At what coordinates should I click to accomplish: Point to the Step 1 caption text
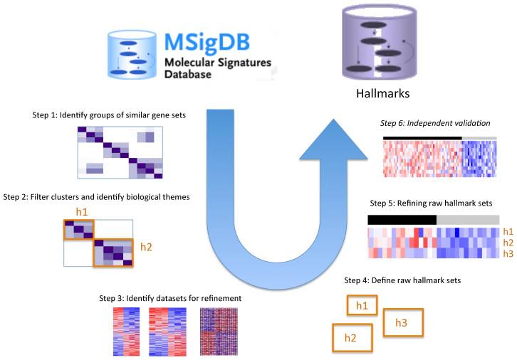pyautogui.click(x=109, y=114)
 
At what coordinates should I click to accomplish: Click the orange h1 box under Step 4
pyautogui.click(x=362, y=306)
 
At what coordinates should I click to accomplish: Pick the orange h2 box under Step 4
pyautogui.click(x=350, y=337)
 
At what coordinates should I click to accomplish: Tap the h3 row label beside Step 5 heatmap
pyautogui.click(x=508, y=254)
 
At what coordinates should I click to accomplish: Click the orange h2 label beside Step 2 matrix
pyautogui.click(x=145, y=248)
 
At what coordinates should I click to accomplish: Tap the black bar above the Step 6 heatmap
pyautogui.click(x=422, y=137)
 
